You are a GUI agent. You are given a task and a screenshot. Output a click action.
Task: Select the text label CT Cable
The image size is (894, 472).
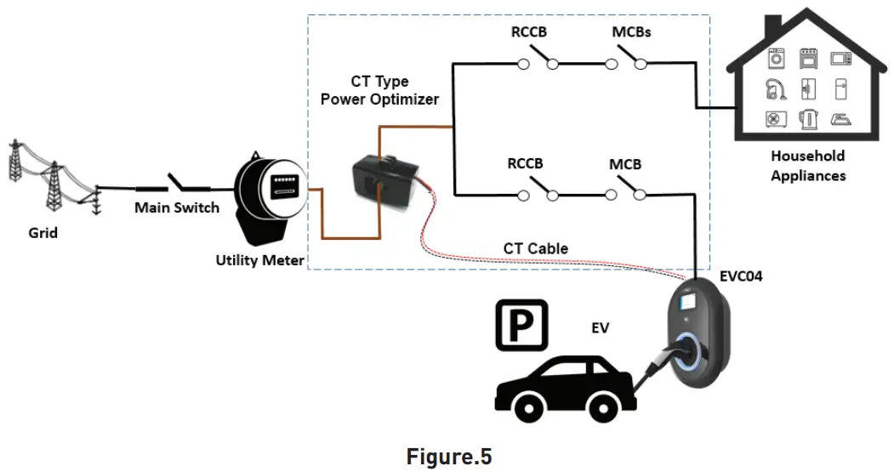[535, 248]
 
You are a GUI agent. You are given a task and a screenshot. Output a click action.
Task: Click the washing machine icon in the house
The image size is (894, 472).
[776, 58]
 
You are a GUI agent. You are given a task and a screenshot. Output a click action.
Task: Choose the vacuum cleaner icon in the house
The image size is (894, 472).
[776, 88]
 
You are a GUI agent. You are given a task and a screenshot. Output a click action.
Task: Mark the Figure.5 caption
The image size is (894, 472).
[448, 456]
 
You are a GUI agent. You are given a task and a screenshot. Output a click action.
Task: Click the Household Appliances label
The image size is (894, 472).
[807, 166]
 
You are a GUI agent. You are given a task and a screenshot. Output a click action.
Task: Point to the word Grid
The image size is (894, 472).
[43, 231]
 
